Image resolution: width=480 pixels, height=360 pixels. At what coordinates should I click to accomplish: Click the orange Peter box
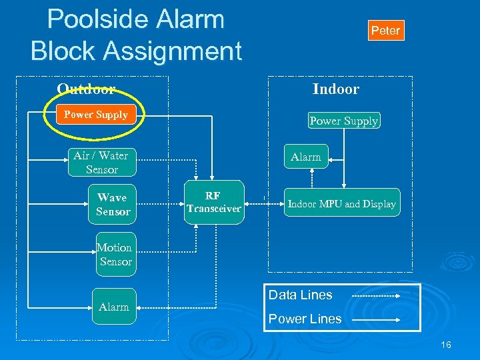coord(385,30)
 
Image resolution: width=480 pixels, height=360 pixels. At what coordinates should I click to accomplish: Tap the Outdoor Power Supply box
coord(96,115)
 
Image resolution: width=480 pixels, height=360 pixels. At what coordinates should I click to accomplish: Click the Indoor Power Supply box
coord(344,121)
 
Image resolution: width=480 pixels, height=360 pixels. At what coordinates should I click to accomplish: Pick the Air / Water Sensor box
coord(101,163)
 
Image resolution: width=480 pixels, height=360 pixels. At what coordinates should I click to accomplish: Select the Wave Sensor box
coord(113,205)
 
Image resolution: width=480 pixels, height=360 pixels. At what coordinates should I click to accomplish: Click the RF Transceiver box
coord(213,203)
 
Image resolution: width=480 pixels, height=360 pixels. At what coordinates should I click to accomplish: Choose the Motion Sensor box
coord(115,255)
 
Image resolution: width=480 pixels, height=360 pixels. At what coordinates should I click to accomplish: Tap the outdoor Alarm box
coord(114,307)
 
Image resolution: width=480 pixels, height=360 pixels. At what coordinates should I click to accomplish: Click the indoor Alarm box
coord(306,157)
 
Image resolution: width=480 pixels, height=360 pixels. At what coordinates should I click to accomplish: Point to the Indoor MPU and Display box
coord(341,205)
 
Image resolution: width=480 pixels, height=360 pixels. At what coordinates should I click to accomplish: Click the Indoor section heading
coord(336,89)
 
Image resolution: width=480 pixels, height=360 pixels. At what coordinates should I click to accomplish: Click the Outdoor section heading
coord(86,89)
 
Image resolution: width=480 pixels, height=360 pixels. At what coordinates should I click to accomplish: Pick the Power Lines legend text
coord(305,319)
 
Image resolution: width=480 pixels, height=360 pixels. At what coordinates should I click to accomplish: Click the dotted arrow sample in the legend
coord(375,295)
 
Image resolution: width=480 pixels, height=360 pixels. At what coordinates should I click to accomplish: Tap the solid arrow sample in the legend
coord(375,320)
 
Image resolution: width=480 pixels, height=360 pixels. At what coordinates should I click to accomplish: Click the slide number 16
coord(446,345)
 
